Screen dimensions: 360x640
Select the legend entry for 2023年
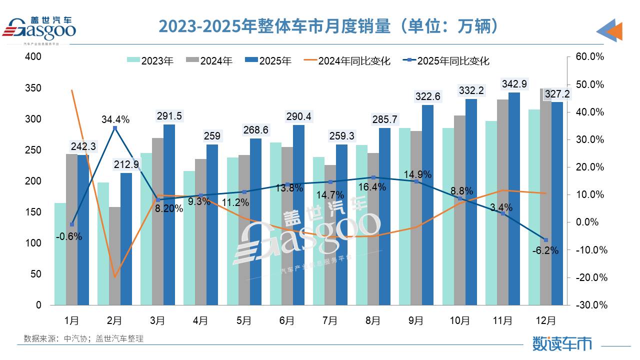point(150,61)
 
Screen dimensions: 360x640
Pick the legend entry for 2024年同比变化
point(347,61)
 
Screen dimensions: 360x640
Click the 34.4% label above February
point(115,119)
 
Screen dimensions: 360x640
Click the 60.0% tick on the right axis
point(590,57)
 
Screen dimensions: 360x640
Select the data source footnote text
point(83,338)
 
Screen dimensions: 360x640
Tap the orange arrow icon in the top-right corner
point(611,31)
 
